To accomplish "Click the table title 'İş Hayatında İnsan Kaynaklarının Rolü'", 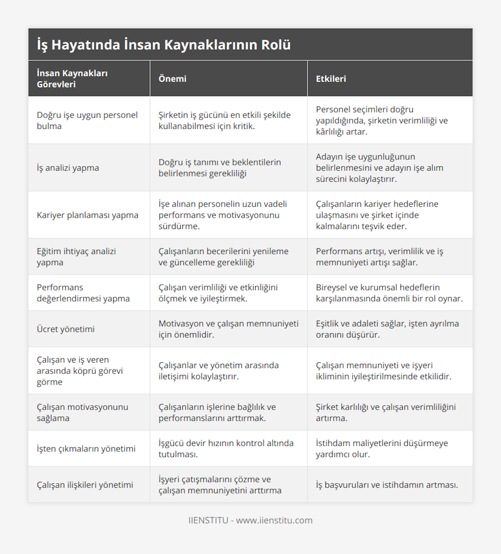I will point(164,45).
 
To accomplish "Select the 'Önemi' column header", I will point(172,79).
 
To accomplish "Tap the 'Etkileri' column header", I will point(331,79).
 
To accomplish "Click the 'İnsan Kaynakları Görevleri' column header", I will point(72,79).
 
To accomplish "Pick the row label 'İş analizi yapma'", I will point(68,168).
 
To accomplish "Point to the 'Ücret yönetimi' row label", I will point(66,329).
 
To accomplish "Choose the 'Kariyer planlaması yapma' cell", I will point(87,215).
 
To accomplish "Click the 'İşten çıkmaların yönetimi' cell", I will point(86,449).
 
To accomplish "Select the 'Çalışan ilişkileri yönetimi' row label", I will point(85,485).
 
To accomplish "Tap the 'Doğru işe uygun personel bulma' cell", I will point(87,121).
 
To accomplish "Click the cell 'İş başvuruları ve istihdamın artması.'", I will point(387,485).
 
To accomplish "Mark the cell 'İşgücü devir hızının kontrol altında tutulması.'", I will point(226,448).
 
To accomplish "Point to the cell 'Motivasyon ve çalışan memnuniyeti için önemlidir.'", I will point(228,329).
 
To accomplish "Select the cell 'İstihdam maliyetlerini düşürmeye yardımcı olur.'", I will point(382,448).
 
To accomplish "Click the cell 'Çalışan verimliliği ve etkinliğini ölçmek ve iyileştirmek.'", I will point(218,293).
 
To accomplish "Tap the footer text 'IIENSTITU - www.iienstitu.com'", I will point(250,520).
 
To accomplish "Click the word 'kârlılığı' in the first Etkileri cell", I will point(330,132).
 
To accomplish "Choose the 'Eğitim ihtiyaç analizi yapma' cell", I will point(76,257).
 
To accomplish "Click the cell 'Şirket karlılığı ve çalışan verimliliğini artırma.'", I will point(386,413).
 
